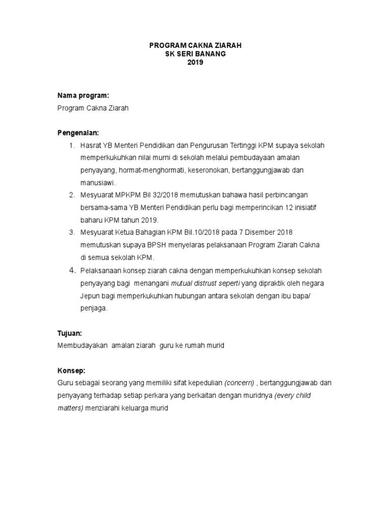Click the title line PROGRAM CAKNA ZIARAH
(195, 45)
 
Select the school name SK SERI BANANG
(195, 54)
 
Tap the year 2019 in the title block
(195, 63)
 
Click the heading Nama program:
(83, 95)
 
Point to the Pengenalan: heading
(78, 133)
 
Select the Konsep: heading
(71, 370)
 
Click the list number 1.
(71, 146)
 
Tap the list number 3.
(71, 233)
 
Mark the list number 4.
(72, 270)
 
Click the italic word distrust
(212, 283)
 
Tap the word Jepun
(90, 295)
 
